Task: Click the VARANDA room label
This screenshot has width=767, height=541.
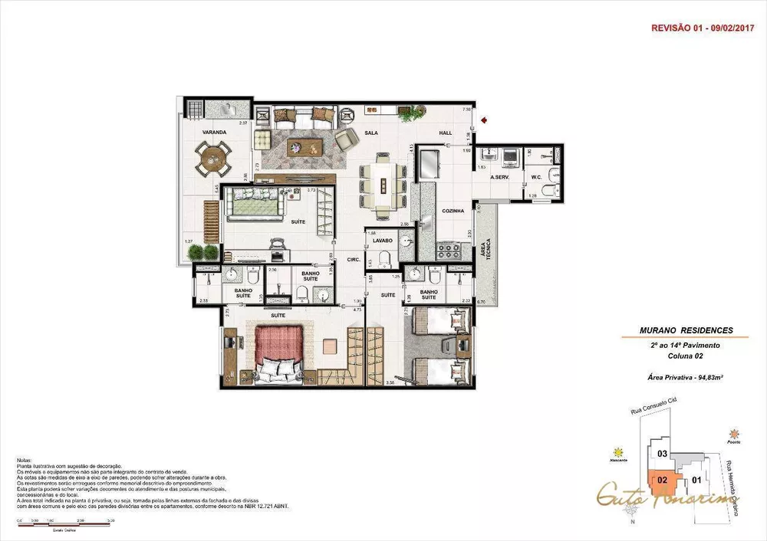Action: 214,133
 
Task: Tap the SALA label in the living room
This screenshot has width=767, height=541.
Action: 371,133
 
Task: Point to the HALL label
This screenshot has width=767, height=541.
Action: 446,133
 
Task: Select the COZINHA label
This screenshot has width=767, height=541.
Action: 450,210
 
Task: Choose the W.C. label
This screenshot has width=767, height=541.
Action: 537,178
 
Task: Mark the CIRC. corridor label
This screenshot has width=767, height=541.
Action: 353,259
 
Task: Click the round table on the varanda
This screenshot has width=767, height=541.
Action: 210,160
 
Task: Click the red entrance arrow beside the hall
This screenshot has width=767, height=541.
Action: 485,120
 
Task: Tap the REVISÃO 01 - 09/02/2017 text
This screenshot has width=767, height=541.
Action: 703,27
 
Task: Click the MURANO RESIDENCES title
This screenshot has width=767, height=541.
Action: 686,331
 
